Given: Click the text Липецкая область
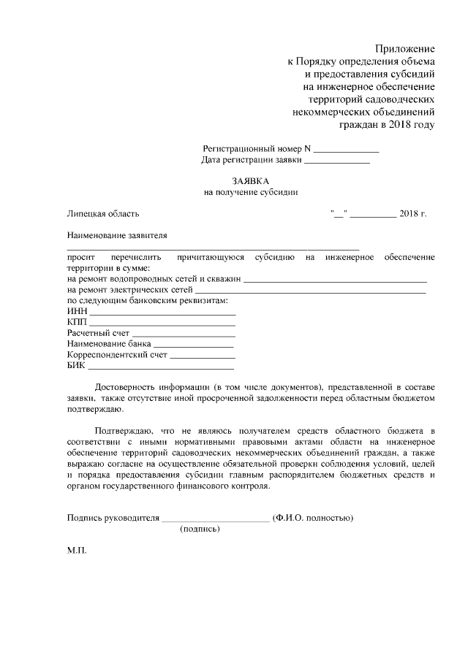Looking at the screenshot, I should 103,214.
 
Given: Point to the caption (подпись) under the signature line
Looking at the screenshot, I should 200,530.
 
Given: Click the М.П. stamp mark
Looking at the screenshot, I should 77,551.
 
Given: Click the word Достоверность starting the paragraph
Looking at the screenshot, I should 125,386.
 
